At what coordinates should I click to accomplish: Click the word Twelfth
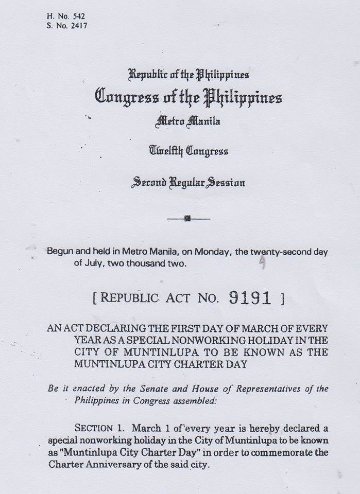[166, 152]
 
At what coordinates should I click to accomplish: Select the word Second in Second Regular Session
[150, 182]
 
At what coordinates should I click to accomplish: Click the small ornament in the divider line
[187, 219]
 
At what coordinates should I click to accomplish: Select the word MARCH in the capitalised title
[229, 328]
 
